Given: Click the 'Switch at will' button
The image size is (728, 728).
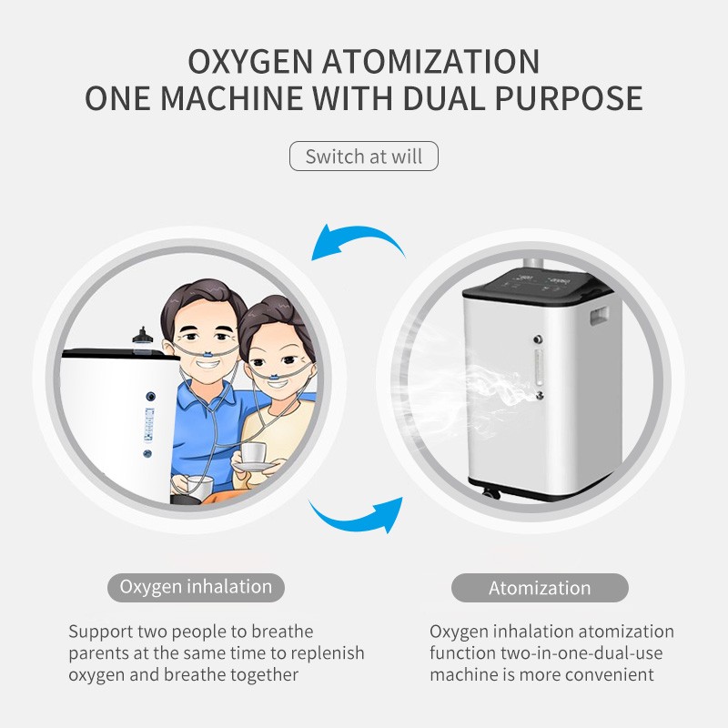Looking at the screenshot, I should [x=364, y=156].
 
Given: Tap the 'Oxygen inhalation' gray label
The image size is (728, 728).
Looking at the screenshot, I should [x=196, y=587].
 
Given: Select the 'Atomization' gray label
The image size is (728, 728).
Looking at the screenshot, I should [x=540, y=588].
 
